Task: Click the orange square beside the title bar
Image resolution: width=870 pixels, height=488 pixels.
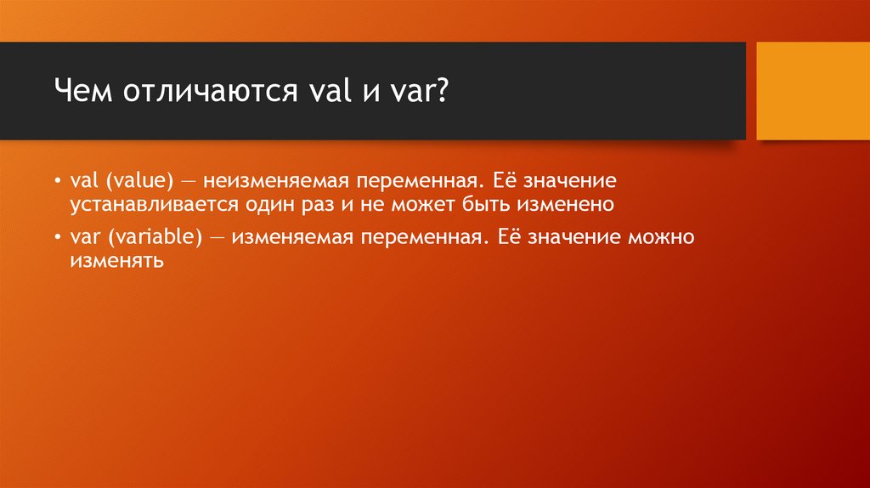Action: click(x=812, y=91)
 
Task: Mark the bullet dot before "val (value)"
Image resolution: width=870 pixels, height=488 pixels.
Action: click(x=57, y=183)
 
